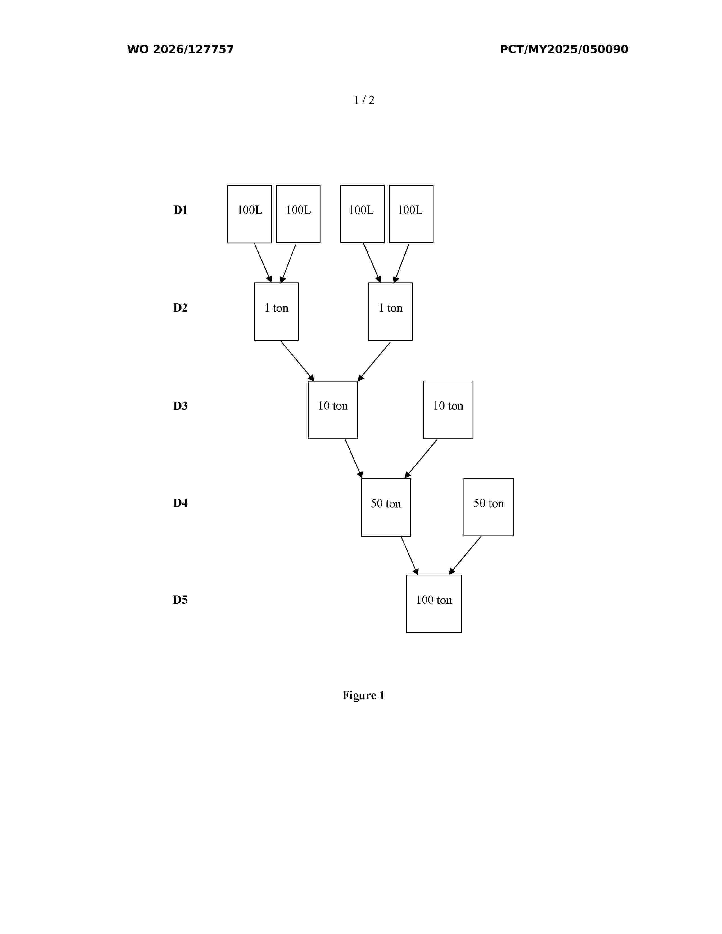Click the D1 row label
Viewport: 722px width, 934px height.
(180, 210)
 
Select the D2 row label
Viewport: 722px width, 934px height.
(180, 308)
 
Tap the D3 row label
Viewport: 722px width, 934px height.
(180, 406)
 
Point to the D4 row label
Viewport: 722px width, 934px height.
(180, 503)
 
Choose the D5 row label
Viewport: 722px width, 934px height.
(180, 600)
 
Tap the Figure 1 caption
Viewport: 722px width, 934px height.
(364, 696)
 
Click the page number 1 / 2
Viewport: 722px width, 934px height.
(364, 100)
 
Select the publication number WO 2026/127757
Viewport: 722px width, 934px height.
(181, 49)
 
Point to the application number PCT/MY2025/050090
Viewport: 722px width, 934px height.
(564, 49)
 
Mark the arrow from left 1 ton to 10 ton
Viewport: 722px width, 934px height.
(297, 361)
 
